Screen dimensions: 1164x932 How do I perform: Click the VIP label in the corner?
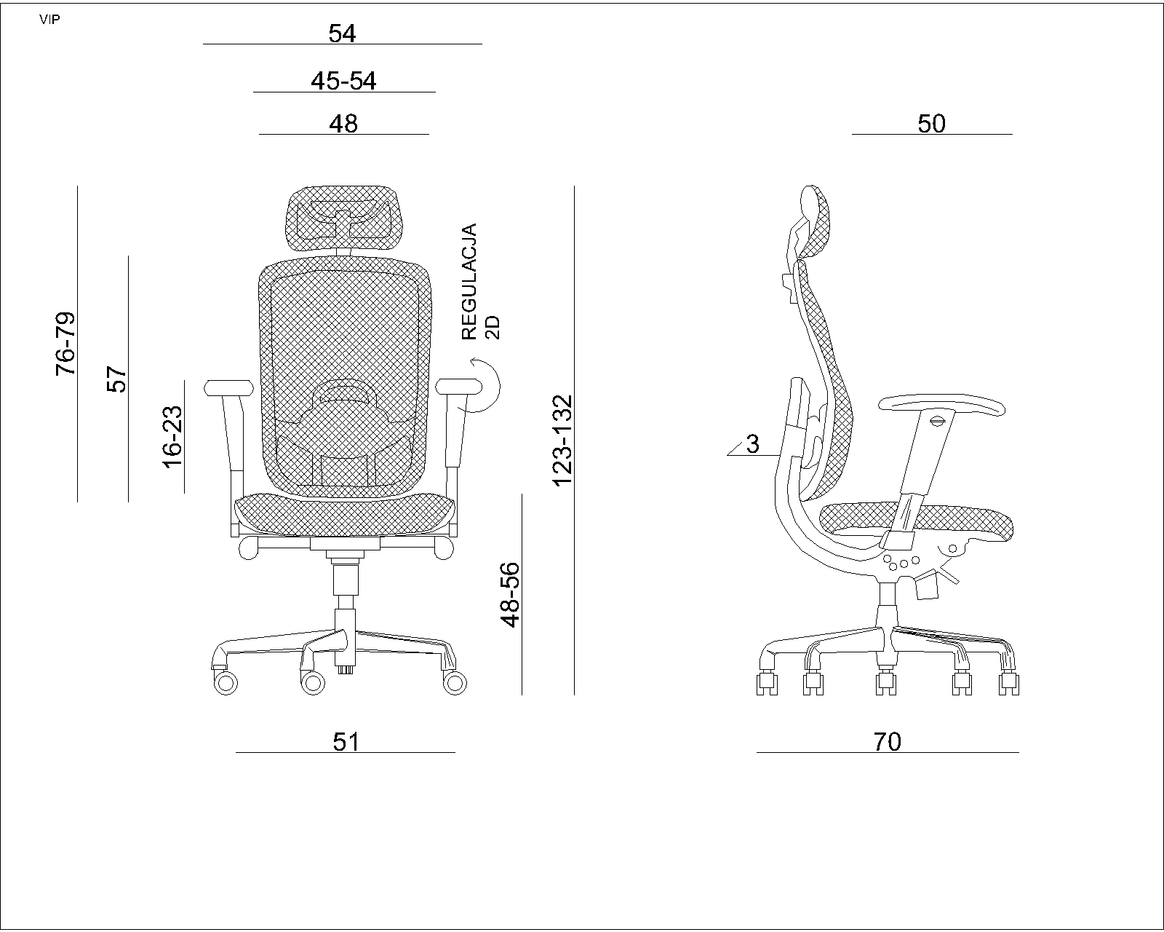click(49, 20)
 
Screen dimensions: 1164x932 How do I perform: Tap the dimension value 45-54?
click(343, 82)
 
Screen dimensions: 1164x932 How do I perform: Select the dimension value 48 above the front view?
click(343, 124)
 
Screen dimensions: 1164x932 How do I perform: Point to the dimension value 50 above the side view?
click(931, 124)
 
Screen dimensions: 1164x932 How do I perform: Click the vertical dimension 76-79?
click(66, 344)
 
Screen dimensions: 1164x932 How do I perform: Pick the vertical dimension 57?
click(117, 379)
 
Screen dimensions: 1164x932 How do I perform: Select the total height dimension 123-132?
click(562, 441)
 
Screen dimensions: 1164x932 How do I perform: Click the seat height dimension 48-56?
click(511, 595)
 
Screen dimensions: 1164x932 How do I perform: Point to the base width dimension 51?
click(346, 742)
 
